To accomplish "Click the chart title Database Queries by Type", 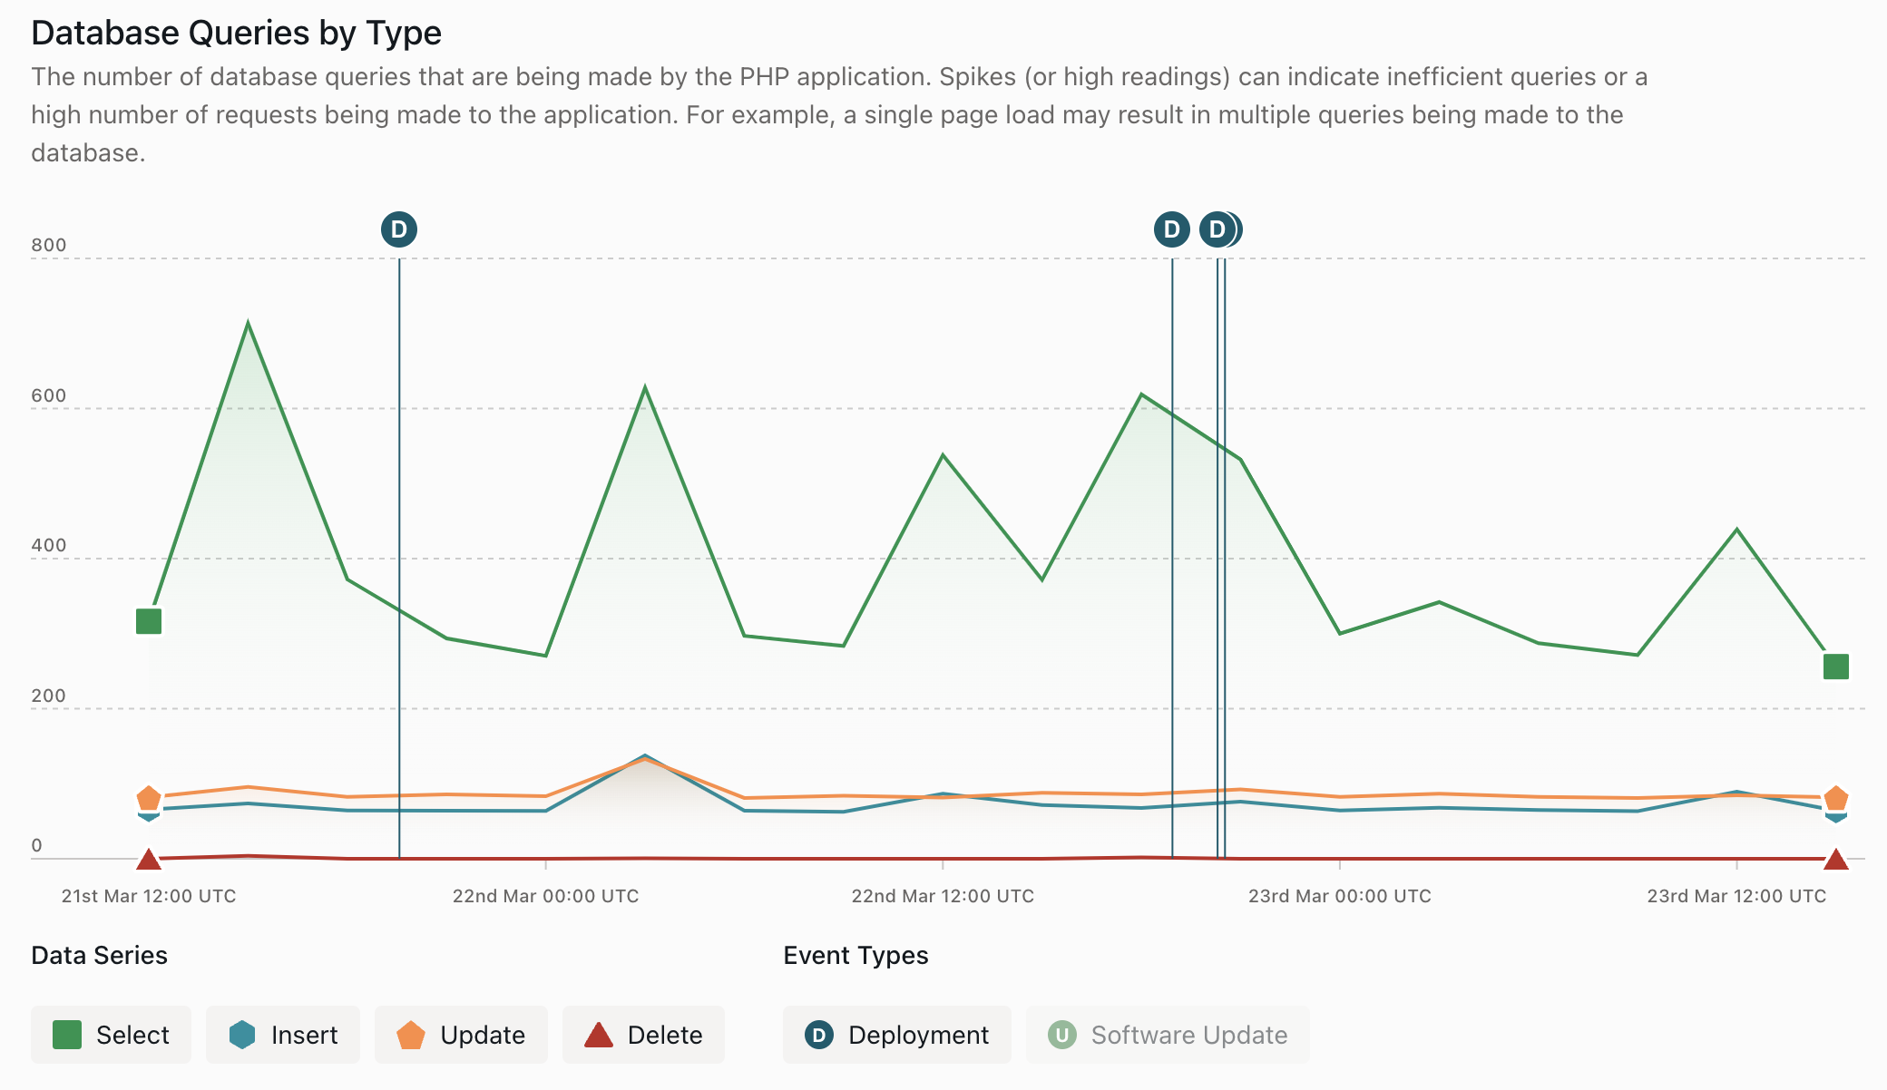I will tap(236, 33).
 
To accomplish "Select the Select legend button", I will tap(111, 1035).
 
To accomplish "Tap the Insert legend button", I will tap(283, 1035).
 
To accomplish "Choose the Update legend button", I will tap(461, 1035).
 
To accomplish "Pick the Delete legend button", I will tap(643, 1035).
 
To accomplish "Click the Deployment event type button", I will tap(896, 1035).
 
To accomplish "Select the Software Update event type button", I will tap(1168, 1035).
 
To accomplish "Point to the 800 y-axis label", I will tap(49, 245).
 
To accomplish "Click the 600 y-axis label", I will tap(49, 395).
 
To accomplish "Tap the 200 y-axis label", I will tap(49, 696).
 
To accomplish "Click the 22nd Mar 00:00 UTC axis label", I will tap(545, 896).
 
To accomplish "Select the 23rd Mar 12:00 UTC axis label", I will tap(1736, 896).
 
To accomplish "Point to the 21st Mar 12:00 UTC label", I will tap(149, 896).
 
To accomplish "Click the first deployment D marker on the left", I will tap(399, 229).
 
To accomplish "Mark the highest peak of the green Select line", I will tap(248, 323).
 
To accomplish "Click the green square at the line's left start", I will tap(149, 621).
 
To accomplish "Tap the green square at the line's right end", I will tap(1835, 667).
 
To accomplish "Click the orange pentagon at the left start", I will tap(149, 798).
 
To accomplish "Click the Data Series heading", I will tap(99, 955).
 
